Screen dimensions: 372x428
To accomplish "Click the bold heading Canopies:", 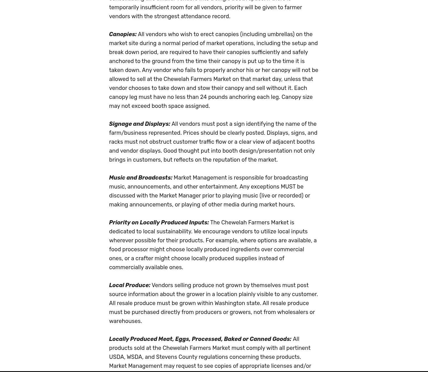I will [x=123, y=34].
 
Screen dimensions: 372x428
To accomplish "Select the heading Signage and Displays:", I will [x=140, y=124].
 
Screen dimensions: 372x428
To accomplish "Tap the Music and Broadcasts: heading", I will [x=141, y=178].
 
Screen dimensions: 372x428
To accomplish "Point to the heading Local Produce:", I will [x=130, y=285].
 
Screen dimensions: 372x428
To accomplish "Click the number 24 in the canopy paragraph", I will [x=203, y=97].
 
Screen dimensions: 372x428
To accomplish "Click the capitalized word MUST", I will [x=288, y=187].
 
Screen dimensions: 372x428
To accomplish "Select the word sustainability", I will [x=174, y=231].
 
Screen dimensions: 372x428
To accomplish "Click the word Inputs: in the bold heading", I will [x=199, y=222].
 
